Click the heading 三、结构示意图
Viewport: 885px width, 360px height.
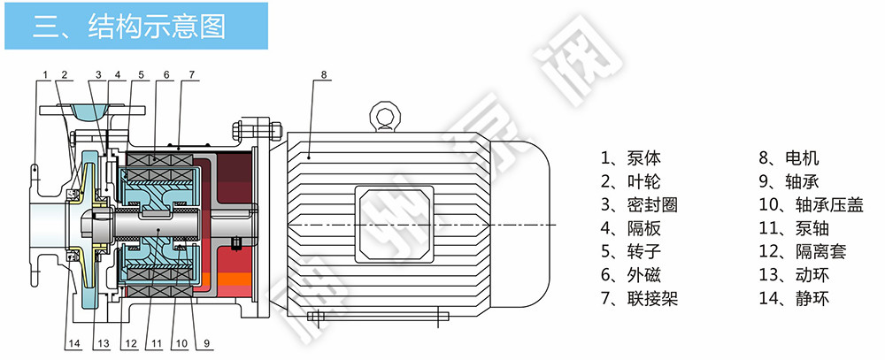pyautogui.click(x=129, y=26)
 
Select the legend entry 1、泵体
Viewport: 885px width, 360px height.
pyautogui.click(x=630, y=157)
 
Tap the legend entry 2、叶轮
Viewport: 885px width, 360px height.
pyautogui.click(x=630, y=181)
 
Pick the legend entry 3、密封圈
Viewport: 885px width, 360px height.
pyautogui.click(x=639, y=204)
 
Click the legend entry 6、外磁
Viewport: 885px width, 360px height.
pyautogui.click(x=630, y=275)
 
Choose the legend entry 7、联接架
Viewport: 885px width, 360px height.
pyautogui.click(x=639, y=298)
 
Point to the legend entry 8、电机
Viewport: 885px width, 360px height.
pyautogui.click(x=789, y=157)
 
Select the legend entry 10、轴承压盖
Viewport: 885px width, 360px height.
pyautogui.click(x=811, y=204)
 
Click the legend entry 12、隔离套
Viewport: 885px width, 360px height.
pyautogui.click(x=803, y=251)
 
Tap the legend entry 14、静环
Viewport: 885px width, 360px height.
pyautogui.click(x=794, y=298)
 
